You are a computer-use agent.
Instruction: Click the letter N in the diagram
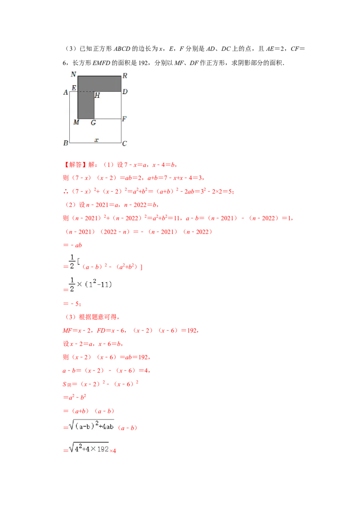[x=73, y=74]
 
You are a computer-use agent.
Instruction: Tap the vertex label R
[x=125, y=76]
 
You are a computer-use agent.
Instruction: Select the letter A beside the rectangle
[x=66, y=92]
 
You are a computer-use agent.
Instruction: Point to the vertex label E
[x=74, y=88]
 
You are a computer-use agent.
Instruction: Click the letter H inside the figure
[x=97, y=95]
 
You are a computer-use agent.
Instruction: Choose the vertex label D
[x=125, y=92]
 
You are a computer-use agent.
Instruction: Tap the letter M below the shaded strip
[x=76, y=122]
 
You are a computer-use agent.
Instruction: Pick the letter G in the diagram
[x=93, y=122]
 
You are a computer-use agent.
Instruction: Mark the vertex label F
[x=124, y=119]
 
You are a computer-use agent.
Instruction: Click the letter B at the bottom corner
[x=66, y=143]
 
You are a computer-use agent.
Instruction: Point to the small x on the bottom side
[x=96, y=140]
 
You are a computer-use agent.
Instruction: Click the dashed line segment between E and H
[x=85, y=92]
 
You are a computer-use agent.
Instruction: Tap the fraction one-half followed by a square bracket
[x=74, y=260]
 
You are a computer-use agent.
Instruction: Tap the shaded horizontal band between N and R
[x=99, y=84]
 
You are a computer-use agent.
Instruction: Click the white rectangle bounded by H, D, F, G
[x=108, y=105]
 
